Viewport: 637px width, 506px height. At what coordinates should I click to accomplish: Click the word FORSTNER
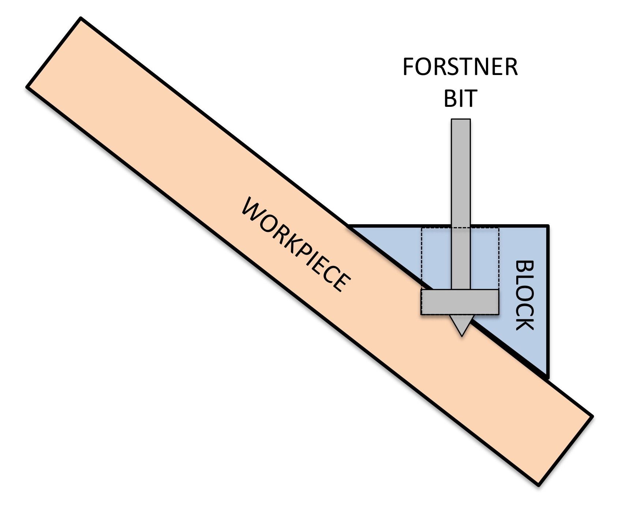(x=460, y=67)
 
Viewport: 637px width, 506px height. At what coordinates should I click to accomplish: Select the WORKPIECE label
(x=296, y=244)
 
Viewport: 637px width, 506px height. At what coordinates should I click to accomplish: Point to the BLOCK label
(x=525, y=295)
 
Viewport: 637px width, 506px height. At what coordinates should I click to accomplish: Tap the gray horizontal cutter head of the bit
(x=460, y=302)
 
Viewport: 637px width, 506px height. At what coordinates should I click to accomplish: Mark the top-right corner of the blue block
(x=548, y=226)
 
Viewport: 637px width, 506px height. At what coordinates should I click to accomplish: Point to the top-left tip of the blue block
(x=349, y=226)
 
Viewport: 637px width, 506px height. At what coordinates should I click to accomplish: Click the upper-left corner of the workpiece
(x=80, y=18)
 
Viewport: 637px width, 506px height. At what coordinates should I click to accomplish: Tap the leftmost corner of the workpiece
(x=27, y=87)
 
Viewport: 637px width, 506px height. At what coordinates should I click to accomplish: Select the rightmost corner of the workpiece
(x=592, y=416)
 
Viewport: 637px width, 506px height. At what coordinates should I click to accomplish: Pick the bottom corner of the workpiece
(x=538, y=485)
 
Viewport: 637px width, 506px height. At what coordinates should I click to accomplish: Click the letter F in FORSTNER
(x=408, y=67)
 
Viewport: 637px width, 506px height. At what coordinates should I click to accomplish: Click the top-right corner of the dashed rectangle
(x=498, y=228)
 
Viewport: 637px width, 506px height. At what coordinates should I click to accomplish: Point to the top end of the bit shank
(x=461, y=120)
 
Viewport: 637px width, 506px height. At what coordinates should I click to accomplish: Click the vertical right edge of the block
(x=548, y=300)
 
